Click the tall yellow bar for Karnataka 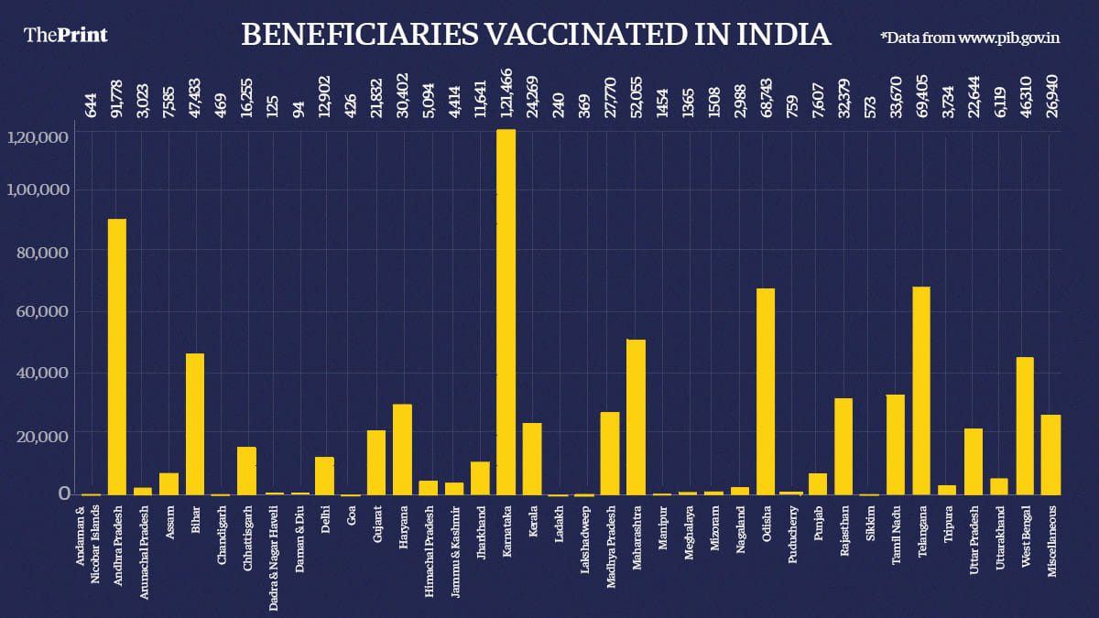click(506, 311)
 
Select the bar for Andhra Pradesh click(117, 357)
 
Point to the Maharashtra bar click(636, 417)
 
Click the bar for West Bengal click(1025, 426)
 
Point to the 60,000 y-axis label click(42, 311)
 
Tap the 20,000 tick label click(42, 434)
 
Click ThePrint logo click(65, 35)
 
